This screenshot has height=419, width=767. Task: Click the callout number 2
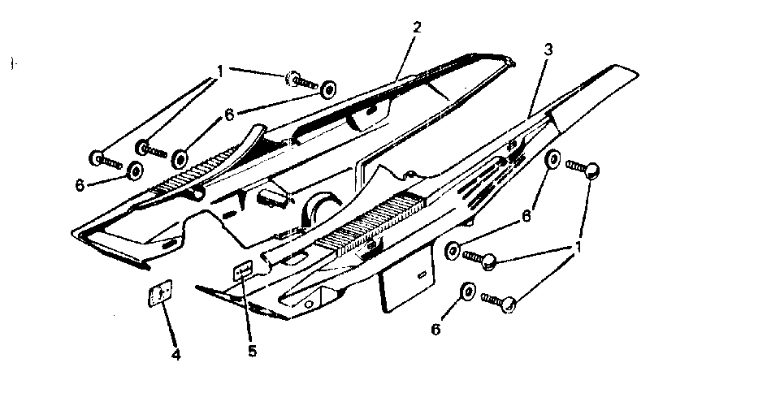click(x=417, y=27)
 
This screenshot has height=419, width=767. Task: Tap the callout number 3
click(x=548, y=49)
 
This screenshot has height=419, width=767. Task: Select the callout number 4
click(x=175, y=354)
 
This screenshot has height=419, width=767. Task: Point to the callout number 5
click(x=253, y=351)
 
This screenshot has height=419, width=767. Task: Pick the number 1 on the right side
click(x=578, y=245)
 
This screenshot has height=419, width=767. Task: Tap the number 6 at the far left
click(x=80, y=185)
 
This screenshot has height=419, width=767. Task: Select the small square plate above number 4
click(x=161, y=293)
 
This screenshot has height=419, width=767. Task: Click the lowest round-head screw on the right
click(x=500, y=301)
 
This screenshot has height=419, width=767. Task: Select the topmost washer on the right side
click(x=552, y=158)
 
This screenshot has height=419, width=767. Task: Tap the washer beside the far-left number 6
click(x=133, y=171)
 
